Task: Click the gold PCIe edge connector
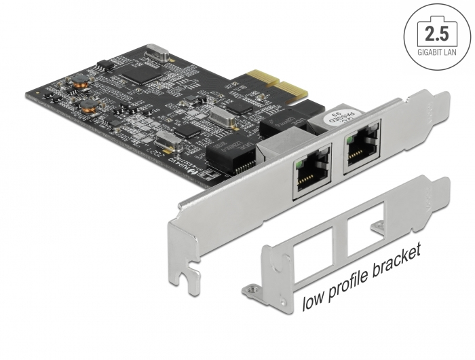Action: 282,83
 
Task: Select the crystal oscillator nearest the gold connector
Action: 223,116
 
